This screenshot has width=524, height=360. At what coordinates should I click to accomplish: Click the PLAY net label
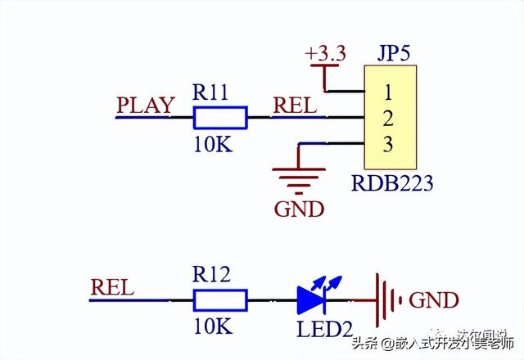145,106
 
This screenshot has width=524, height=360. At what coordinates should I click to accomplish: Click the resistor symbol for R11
219,119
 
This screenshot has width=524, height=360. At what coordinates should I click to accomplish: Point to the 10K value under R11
212,145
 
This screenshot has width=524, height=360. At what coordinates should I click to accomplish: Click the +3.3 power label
325,53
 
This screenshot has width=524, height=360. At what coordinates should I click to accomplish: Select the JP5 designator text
394,54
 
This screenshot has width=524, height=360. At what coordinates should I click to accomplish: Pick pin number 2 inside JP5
388,117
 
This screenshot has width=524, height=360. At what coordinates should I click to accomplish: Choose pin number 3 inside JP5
388,145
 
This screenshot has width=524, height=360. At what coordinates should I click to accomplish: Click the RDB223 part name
392,182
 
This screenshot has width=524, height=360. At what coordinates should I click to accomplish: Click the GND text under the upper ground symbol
299,209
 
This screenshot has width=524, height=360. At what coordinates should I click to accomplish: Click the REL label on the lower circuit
112,288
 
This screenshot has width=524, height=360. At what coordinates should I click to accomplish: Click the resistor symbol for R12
219,301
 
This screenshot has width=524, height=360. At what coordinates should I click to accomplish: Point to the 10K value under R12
212,328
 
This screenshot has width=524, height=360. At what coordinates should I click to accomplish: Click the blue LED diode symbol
312,299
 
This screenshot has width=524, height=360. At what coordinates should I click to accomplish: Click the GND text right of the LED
433,300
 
